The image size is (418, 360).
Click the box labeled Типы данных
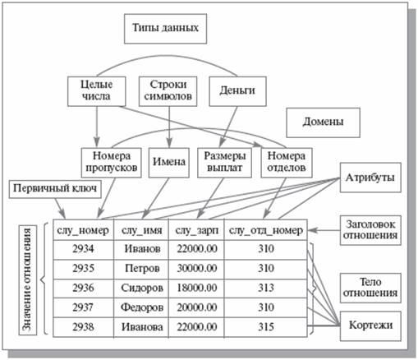pyautogui.click(x=165, y=29)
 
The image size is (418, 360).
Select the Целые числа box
pyautogui.click(x=97, y=91)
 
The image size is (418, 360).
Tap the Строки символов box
pyautogui.click(x=168, y=91)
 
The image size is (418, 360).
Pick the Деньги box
pyautogui.click(x=237, y=91)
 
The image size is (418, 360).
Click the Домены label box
pyautogui.click(x=323, y=122)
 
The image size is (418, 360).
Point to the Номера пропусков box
pyautogui.click(x=111, y=163)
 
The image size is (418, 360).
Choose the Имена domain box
pyautogui.click(x=169, y=163)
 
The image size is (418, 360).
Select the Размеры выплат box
pyautogui.click(x=224, y=163)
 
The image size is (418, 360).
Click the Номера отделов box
pyautogui.click(x=287, y=163)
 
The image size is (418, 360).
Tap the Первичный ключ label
pyautogui.click(x=55, y=189)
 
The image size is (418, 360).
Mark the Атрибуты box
pyautogui.click(x=370, y=178)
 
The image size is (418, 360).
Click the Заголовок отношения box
pyautogui.click(x=370, y=230)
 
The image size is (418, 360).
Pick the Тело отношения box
pyautogui.click(x=370, y=288)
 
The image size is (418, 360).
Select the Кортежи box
pyautogui.click(x=370, y=326)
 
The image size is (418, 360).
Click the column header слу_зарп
pyautogui.click(x=196, y=230)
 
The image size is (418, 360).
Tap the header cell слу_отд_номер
pyautogui.click(x=265, y=230)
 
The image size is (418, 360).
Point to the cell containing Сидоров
pyautogui.click(x=141, y=288)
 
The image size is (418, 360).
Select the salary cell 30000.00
pyautogui.click(x=196, y=269)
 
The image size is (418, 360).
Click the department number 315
pyautogui.click(x=265, y=327)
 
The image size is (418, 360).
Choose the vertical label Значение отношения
pyautogui.click(x=28, y=280)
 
